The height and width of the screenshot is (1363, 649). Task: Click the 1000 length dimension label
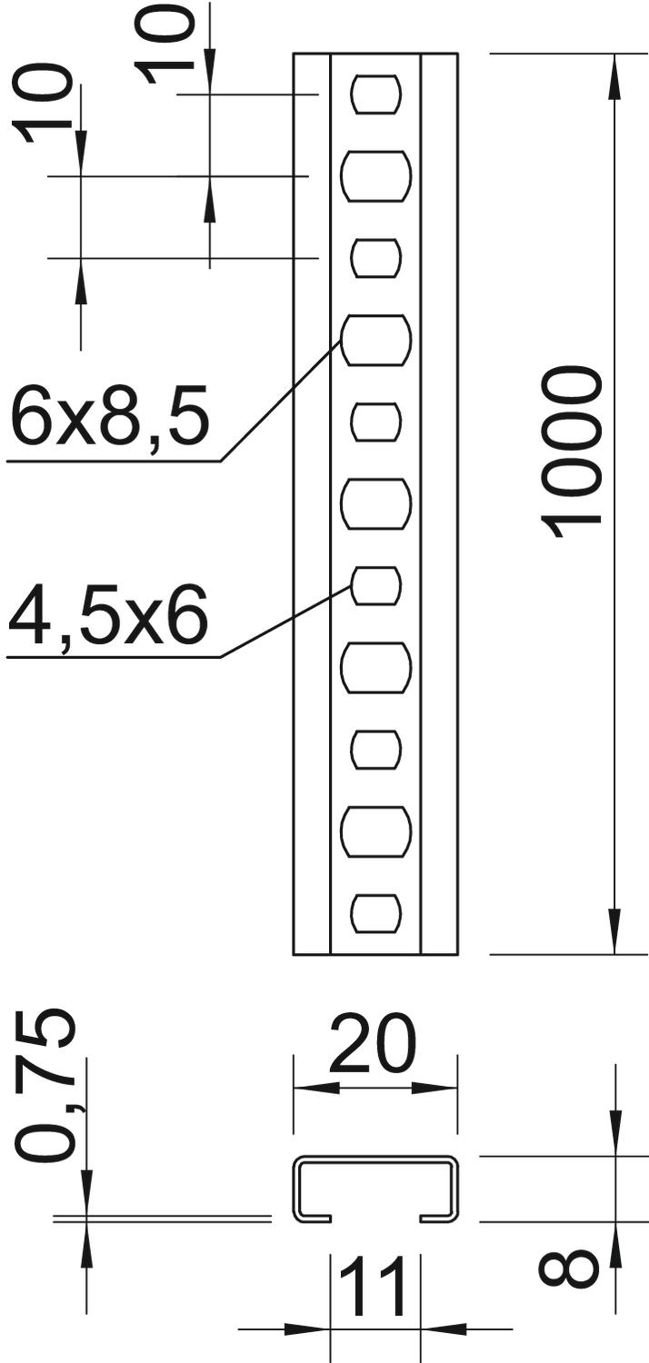pyautogui.click(x=571, y=453)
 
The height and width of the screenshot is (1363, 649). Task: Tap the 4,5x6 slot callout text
pyautogui.click(x=108, y=614)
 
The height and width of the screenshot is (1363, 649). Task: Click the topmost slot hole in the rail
pyautogui.click(x=376, y=95)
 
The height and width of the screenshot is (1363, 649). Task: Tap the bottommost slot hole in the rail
pyautogui.click(x=376, y=913)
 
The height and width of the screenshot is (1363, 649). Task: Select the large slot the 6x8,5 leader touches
pyautogui.click(x=375, y=340)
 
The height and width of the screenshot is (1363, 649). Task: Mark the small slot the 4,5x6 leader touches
pyautogui.click(x=375, y=585)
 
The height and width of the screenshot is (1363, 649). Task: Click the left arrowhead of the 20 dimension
pyautogui.click(x=316, y=1088)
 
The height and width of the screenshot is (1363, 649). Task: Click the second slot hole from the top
pyautogui.click(x=375, y=176)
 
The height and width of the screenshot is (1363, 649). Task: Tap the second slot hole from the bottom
pyautogui.click(x=375, y=831)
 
